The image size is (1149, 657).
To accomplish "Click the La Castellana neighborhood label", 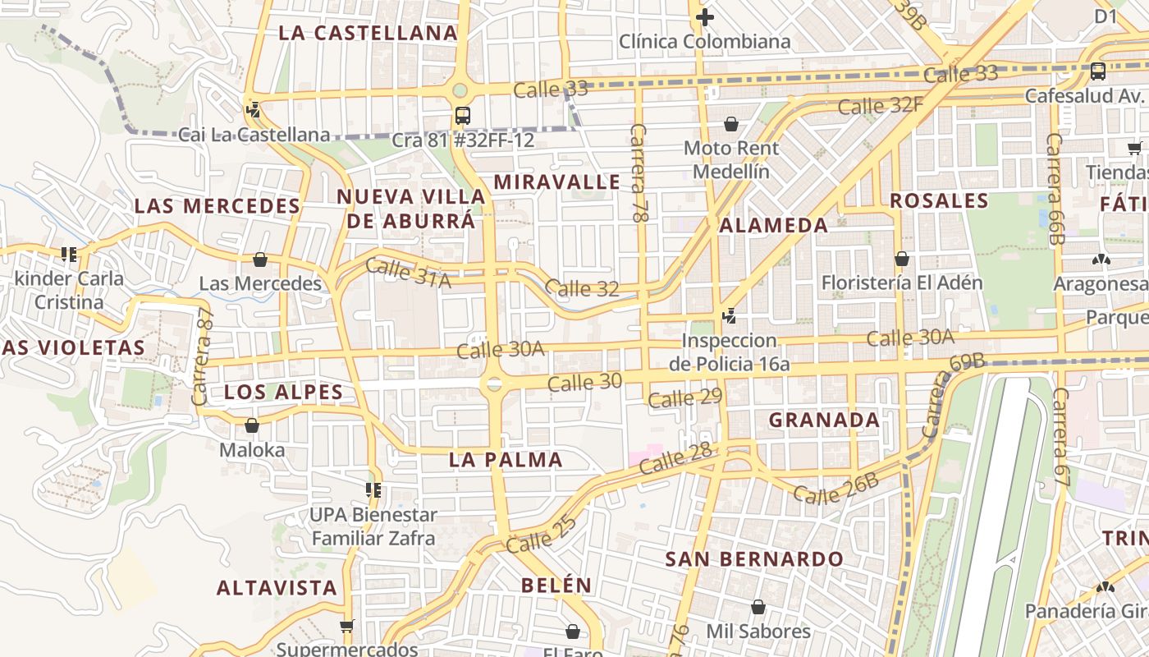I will (367, 33).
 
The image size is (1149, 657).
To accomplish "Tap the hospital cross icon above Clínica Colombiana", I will (704, 16).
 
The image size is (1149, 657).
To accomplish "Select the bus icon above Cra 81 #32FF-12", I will (463, 115).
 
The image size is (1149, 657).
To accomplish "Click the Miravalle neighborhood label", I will (557, 181).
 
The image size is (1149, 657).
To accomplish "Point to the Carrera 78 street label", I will (640, 173).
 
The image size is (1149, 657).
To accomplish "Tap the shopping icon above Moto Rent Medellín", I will (731, 124).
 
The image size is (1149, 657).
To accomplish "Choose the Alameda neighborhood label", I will (774, 225).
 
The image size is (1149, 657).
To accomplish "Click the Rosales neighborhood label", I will (939, 200).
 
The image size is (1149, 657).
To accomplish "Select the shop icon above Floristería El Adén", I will (902, 259).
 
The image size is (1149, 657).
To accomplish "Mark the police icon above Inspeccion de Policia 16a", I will (729, 315).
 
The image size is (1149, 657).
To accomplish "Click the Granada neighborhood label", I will (824, 420).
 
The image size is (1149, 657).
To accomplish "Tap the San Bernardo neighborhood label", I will (754, 559).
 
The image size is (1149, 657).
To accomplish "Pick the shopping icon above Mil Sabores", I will (758, 607).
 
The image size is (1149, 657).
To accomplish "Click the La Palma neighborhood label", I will (506, 460).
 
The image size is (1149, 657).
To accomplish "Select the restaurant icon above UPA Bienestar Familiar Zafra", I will (373, 490).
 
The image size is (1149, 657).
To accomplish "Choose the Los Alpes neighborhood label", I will (283, 392).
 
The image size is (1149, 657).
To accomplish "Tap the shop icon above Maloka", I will (252, 425).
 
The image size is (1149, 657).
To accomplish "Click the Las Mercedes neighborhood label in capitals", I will (217, 206).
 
